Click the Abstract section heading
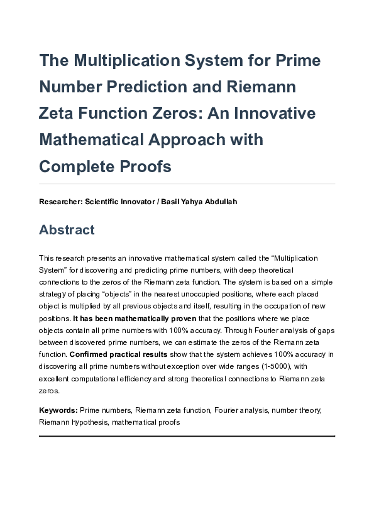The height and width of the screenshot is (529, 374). click(x=67, y=230)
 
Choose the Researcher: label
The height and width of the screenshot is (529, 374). click(x=60, y=202)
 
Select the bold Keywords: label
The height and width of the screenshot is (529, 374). click(x=58, y=410)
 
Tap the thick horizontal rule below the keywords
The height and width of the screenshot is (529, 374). click(x=187, y=435)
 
